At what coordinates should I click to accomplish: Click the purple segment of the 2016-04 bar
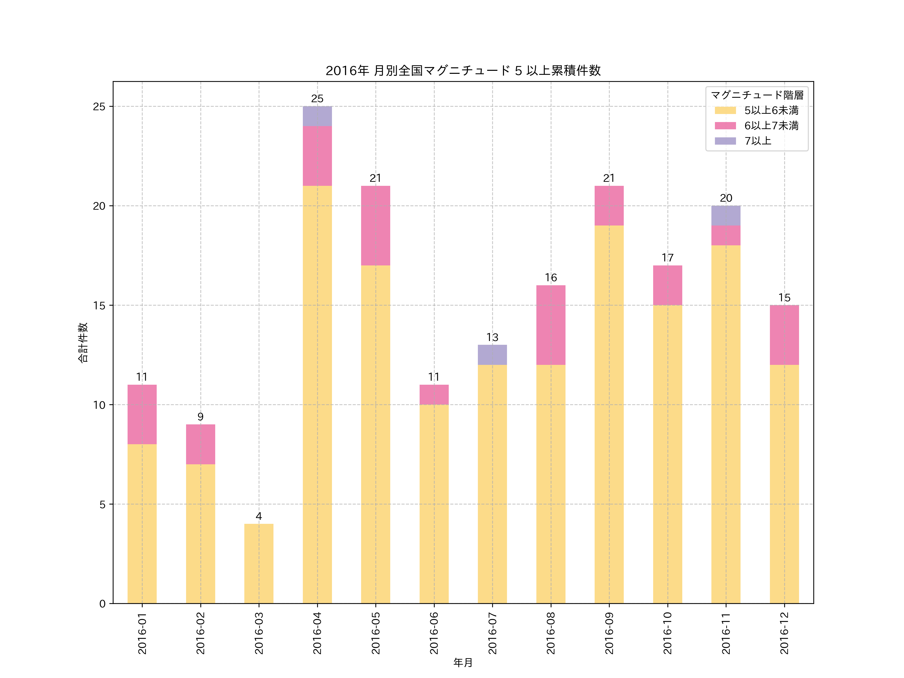tap(317, 116)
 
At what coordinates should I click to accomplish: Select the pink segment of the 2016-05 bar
tap(376, 225)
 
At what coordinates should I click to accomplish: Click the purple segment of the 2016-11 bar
tap(725, 215)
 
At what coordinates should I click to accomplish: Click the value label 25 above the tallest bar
tap(317, 98)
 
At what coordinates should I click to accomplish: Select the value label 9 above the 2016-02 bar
tap(200, 416)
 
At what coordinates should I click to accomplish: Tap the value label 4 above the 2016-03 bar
tap(259, 516)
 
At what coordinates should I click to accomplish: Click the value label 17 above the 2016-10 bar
tap(667, 257)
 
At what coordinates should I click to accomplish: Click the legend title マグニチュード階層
tap(757, 95)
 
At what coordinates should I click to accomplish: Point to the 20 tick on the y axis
tap(99, 206)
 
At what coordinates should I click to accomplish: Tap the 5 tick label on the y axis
tap(102, 504)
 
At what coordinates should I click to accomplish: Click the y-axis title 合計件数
tap(83, 343)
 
